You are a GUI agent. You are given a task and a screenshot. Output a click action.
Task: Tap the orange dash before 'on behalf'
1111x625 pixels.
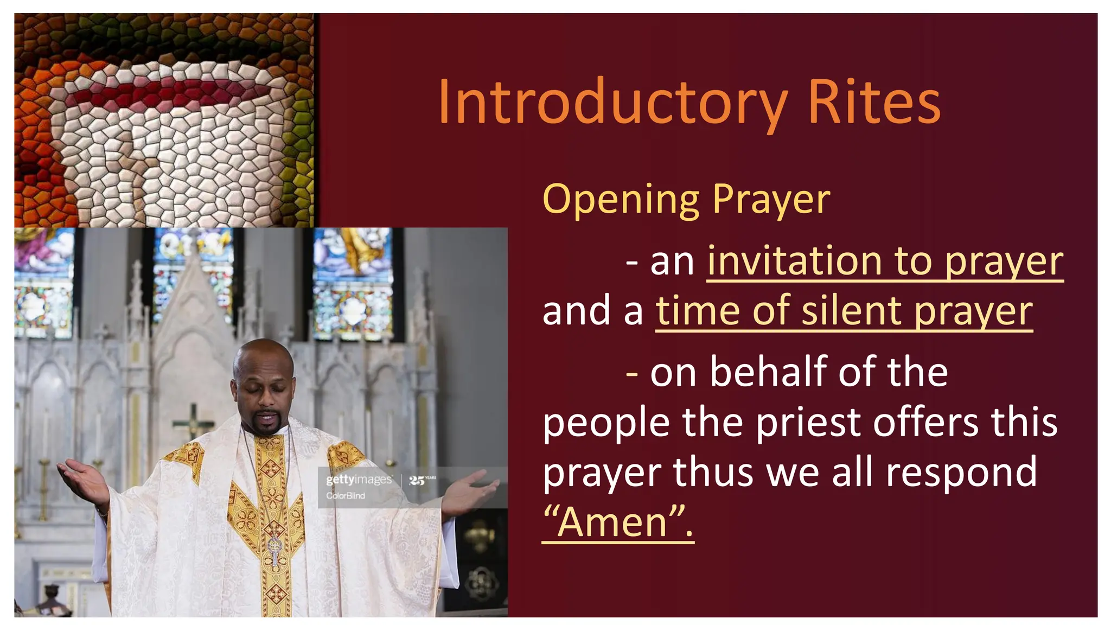[631, 373]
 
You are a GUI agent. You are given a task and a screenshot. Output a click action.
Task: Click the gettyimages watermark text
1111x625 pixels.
[359, 480]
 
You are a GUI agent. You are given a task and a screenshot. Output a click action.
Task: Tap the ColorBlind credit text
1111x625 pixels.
[346, 495]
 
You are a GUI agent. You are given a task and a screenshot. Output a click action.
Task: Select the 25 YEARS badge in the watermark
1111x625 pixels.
[422, 480]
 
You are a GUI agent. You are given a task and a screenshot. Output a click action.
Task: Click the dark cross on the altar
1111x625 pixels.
[193, 420]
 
